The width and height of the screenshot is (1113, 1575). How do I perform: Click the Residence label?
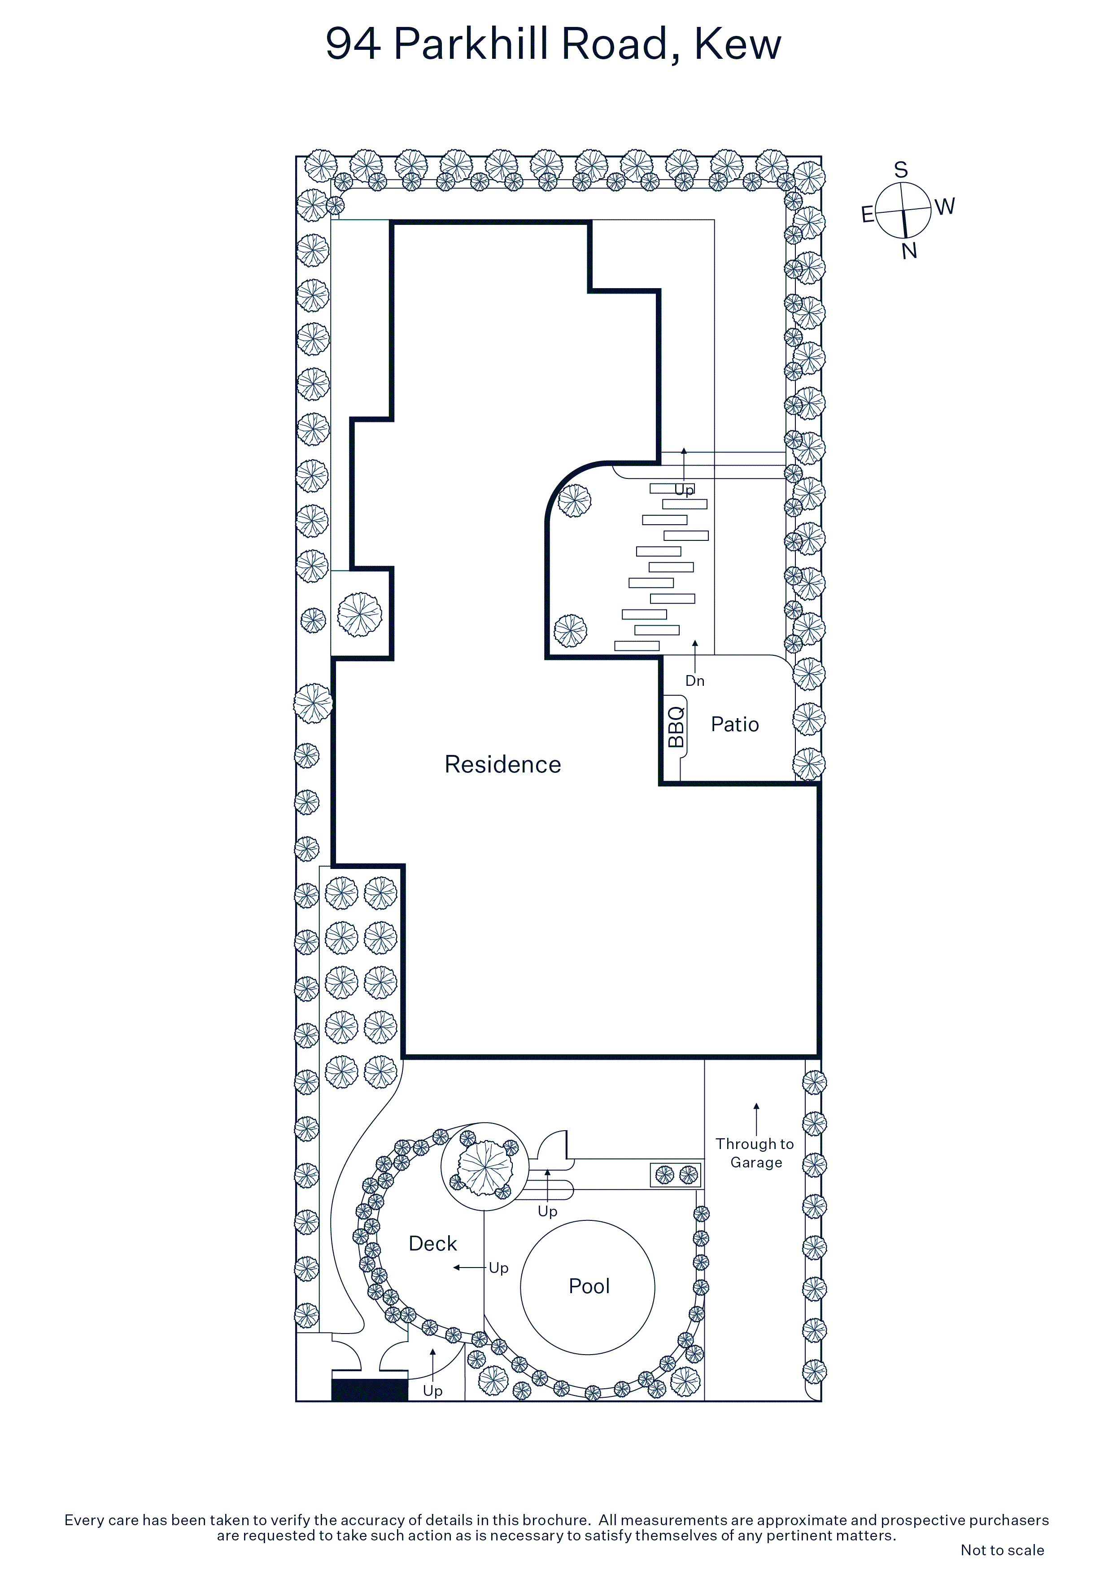[x=503, y=764]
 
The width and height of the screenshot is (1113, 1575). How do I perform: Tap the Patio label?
[x=734, y=724]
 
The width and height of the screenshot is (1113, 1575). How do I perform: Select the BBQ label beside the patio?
[x=676, y=727]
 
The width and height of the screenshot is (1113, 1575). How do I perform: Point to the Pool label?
[x=589, y=1286]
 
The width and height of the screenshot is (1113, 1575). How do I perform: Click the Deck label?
[x=433, y=1244]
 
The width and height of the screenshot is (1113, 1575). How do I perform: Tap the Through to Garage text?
[x=755, y=1153]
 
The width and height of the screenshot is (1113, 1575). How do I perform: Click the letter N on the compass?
[x=909, y=251]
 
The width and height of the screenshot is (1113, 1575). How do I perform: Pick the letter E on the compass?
[x=868, y=215]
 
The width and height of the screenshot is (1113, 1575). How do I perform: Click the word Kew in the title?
[x=738, y=44]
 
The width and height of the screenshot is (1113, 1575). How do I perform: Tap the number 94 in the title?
[x=353, y=44]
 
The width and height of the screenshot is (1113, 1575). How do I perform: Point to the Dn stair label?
[x=695, y=680]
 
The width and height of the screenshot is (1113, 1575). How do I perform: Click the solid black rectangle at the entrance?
[x=370, y=1390]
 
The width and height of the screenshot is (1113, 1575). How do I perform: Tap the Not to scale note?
[x=1002, y=1549]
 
